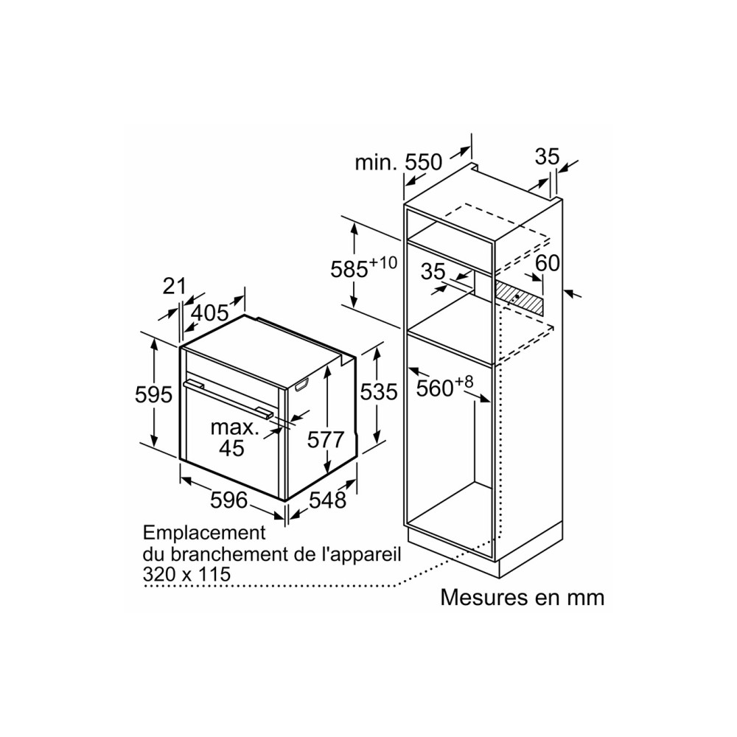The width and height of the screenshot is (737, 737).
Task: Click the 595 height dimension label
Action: tap(154, 395)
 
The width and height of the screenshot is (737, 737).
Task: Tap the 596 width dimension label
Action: tap(228, 500)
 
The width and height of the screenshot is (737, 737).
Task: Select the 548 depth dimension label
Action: tap(328, 500)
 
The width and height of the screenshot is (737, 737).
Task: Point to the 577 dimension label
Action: tap(326, 440)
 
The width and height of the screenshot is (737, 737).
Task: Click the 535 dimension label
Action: tap(379, 391)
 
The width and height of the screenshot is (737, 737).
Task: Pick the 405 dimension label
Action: tap(211, 313)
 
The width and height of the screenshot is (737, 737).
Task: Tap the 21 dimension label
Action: tap(175, 286)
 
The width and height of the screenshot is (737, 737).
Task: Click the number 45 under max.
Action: tap(231, 448)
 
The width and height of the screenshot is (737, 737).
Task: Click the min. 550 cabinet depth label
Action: tap(399, 163)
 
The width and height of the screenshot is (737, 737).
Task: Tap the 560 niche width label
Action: tap(444, 386)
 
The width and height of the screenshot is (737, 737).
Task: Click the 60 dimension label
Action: tap(548, 263)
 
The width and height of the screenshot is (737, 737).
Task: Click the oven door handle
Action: tap(228, 398)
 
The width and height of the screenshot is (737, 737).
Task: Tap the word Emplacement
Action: tap(204, 533)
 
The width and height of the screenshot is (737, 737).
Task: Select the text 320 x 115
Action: tap(186, 574)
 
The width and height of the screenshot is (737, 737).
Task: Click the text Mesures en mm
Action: tap(523, 598)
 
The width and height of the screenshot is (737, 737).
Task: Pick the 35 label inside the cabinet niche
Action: tap(433, 271)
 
